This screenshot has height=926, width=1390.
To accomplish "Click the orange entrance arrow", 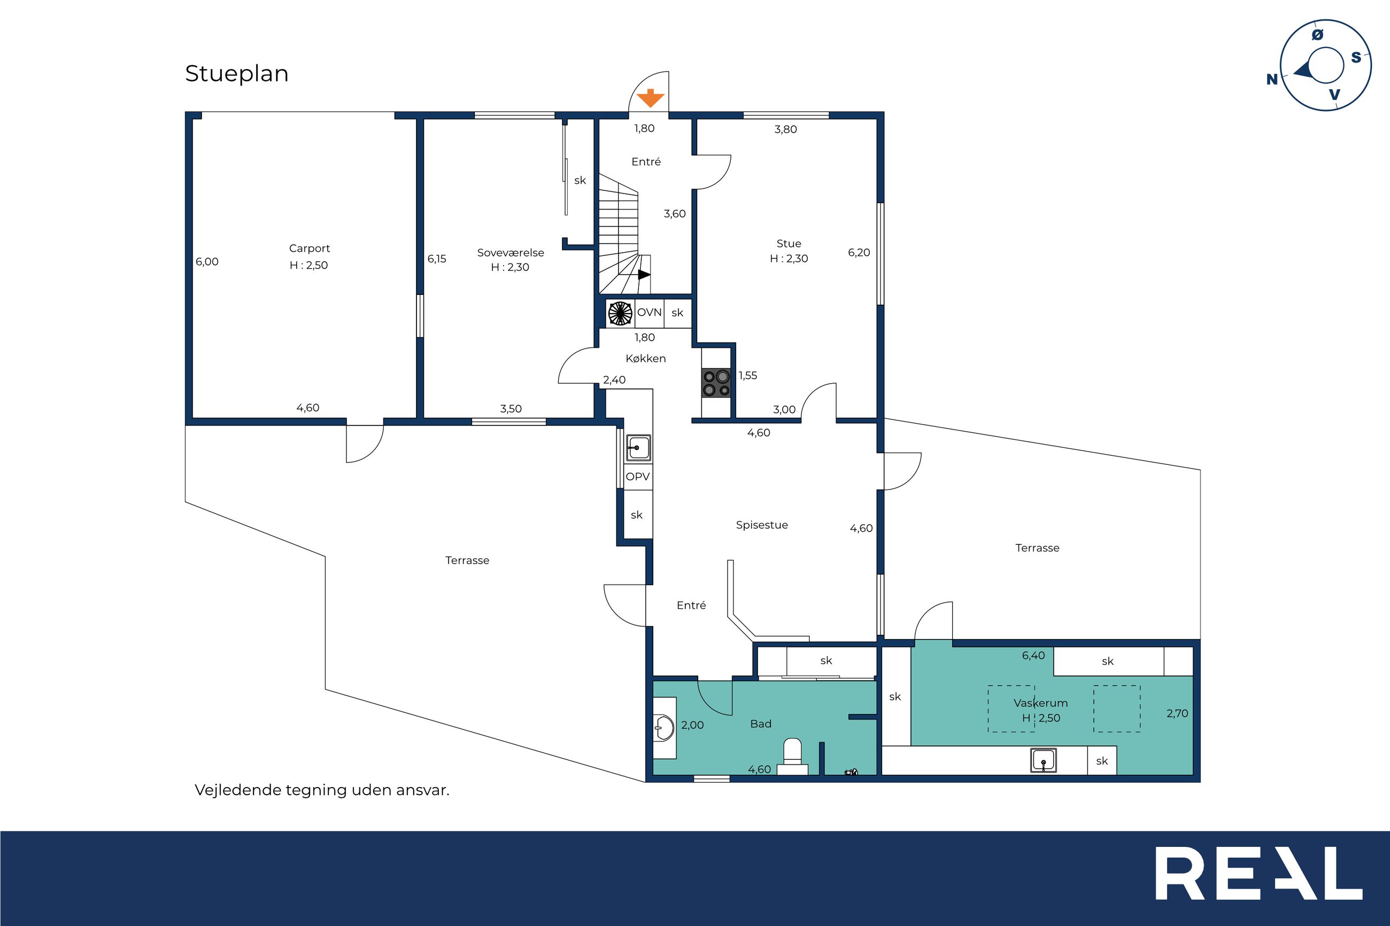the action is (x=650, y=98).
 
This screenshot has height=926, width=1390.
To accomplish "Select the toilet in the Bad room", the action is (x=792, y=757).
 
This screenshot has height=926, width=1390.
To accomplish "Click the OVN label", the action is (x=649, y=313).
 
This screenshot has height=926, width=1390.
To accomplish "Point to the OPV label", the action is (x=638, y=477).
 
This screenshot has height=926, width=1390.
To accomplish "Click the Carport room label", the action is (x=310, y=248).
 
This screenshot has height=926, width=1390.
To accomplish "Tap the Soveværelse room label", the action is (x=511, y=253).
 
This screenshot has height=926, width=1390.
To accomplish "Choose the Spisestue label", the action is (x=762, y=525).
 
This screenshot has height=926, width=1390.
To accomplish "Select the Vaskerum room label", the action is (x=1041, y=703).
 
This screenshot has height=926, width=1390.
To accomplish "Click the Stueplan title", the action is (x=237, y=74).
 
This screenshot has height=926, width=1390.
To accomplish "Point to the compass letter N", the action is (x=1272, y=80).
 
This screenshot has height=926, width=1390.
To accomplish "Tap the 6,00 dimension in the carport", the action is (x=207, y=262).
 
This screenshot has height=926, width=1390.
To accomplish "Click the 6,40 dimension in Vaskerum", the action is (x=1034, y=656).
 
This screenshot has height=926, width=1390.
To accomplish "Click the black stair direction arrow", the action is (x=644, y=275).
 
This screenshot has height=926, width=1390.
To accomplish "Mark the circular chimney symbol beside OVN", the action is (x=620, y=313).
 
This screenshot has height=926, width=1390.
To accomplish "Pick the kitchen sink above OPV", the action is (x=638, y=448).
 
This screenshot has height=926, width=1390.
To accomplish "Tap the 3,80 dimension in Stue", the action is (x=786, y=129).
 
